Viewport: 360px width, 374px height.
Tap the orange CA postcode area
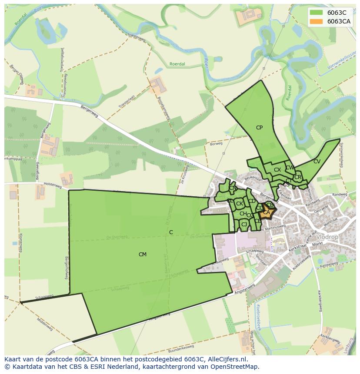point(267,212)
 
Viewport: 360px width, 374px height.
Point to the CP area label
point(259,128)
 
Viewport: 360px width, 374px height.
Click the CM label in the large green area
point(142,255)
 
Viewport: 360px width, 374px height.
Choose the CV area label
point(317,162)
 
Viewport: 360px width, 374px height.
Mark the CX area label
point(277,170)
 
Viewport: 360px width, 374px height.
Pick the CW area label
point(290,168)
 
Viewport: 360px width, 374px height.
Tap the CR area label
point(297,177)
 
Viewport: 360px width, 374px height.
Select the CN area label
point(233,189)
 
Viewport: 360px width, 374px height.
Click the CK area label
point(239,204)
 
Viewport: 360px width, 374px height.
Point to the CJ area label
point(244,224)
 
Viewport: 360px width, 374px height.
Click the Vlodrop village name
point(328,237)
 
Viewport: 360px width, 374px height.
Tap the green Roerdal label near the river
point(177,64)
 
